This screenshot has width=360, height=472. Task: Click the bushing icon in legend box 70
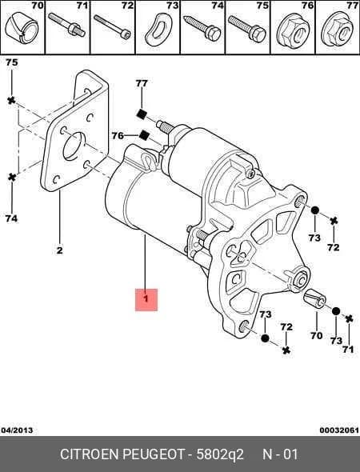(x=22, y=28)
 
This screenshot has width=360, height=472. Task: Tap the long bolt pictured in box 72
(x=113, y=26)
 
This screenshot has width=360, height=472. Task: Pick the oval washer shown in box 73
(x=158, y=30)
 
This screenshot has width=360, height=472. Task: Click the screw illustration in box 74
(x=202, y=28)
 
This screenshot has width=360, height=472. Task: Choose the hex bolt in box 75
(x=247, y=28)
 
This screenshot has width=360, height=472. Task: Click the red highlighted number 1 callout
(x=146, y=299)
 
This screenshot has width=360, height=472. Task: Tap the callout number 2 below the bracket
(x=59, y=250)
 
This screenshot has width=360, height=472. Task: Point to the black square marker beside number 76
(x=144, y=135)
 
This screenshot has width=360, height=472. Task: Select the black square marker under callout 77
(x=141, y=114)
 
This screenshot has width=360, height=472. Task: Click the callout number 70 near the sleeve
(x=316, y=335)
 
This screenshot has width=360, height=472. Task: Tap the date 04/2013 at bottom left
(x=17, y=430)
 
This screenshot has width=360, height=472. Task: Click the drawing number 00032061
(x=339, y=430)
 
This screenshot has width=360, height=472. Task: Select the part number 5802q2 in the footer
(x=220, y=454)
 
